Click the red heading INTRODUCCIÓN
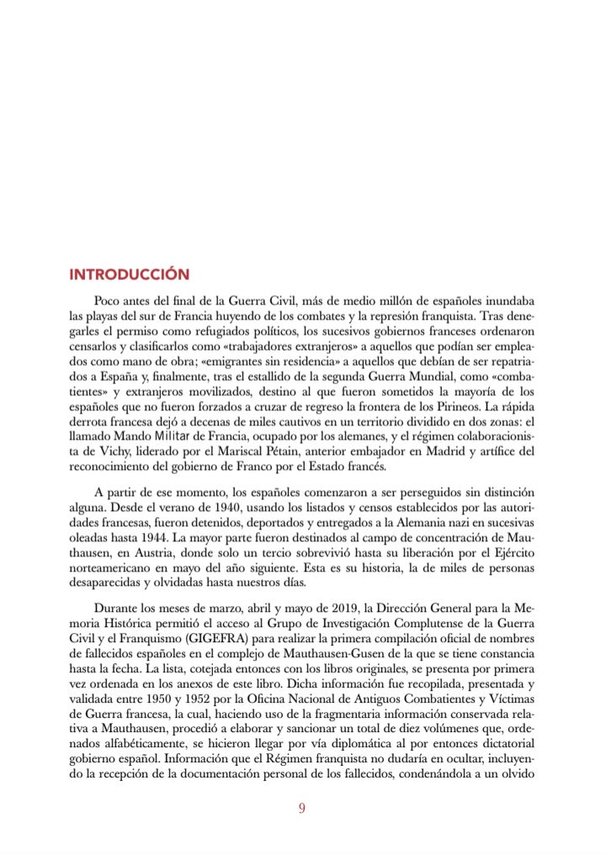click(x=129, y=275)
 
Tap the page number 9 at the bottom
click(x=302, y=809)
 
